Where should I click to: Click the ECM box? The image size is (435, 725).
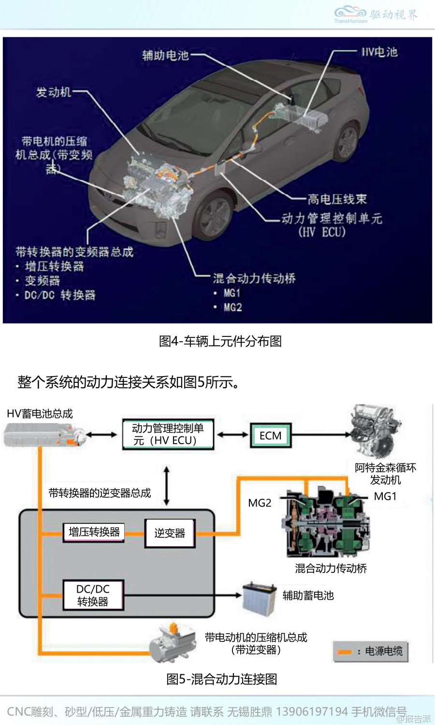270,435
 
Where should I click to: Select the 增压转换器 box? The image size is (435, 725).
94,532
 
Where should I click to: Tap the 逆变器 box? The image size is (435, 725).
170,533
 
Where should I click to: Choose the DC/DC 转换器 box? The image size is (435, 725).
93,595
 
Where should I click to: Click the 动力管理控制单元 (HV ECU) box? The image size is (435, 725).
168,435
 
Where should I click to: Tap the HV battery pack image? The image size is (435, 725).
43,435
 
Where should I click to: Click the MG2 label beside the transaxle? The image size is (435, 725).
260,503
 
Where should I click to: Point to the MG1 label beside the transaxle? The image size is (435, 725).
385,496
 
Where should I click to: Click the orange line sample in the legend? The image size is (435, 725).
345,652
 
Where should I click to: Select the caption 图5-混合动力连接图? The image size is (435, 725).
221,679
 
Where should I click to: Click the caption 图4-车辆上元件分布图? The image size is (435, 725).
220,341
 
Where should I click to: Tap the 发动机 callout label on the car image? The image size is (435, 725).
53,92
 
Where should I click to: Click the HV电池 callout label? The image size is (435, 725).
379,52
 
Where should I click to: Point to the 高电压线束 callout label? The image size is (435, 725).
337,199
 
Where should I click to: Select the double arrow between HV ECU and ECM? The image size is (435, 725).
232,435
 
